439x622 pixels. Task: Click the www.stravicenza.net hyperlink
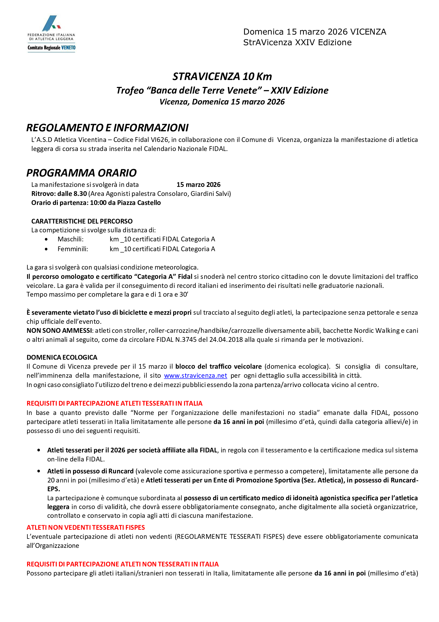[195, 376]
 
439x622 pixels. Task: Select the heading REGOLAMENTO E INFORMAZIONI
[107, 128]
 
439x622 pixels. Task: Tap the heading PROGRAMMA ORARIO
[82, 173]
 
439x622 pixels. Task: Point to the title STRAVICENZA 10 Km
[222, 76]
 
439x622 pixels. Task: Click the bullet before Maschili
[46, 239]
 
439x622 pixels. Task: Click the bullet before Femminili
[46, 249]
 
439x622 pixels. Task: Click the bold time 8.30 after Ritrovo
[80, 194]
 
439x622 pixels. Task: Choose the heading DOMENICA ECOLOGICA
[62, 357]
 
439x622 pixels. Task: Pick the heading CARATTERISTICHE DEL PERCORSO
[82, 221]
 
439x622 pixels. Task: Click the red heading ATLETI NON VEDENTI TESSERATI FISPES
[86, 527]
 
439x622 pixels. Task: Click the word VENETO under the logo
[68, 48]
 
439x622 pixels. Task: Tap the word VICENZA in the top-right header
[368, 32]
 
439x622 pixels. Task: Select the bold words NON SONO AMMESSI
[59, 330]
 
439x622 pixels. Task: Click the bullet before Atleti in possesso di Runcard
[39, 471]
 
